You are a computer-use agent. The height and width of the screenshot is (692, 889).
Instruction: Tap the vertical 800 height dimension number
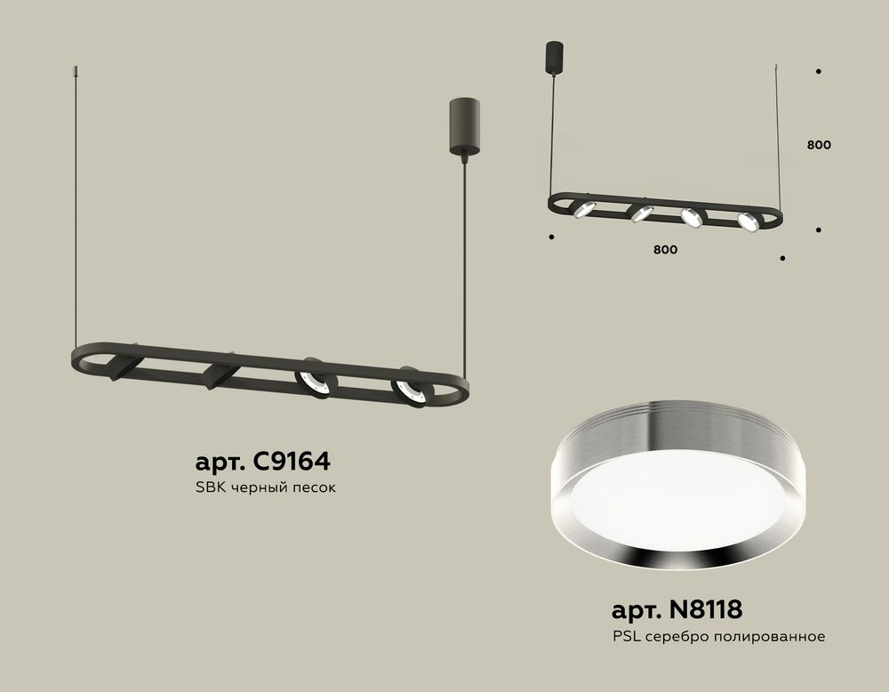[x=819, y=145]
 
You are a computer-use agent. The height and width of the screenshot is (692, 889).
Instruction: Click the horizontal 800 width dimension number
[x=665, y=250]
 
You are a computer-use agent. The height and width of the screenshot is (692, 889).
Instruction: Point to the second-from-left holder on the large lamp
[x=219, y=373]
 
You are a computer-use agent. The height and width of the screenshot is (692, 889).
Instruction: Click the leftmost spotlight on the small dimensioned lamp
[x=583, y=208]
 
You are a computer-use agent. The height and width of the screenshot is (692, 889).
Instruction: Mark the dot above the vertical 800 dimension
[x=818, y=72]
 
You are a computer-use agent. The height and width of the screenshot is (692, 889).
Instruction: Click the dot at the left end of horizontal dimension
[x=552, y=237]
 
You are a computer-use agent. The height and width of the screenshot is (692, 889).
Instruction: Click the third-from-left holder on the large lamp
[x=316, y=379]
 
